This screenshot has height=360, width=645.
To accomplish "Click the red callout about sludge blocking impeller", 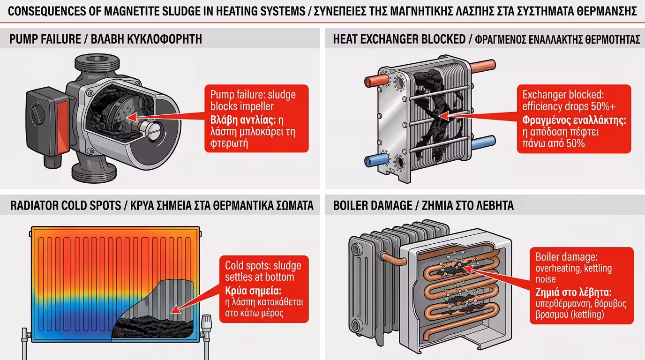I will (x=256, y=118).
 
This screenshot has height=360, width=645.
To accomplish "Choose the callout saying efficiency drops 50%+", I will (x=573, y=119).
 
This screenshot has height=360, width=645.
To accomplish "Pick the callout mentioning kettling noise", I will (x=581, y=285).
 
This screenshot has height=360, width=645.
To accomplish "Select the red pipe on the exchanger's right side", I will (x=483, y=66).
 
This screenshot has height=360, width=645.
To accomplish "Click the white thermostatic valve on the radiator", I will (x=206, y=323).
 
